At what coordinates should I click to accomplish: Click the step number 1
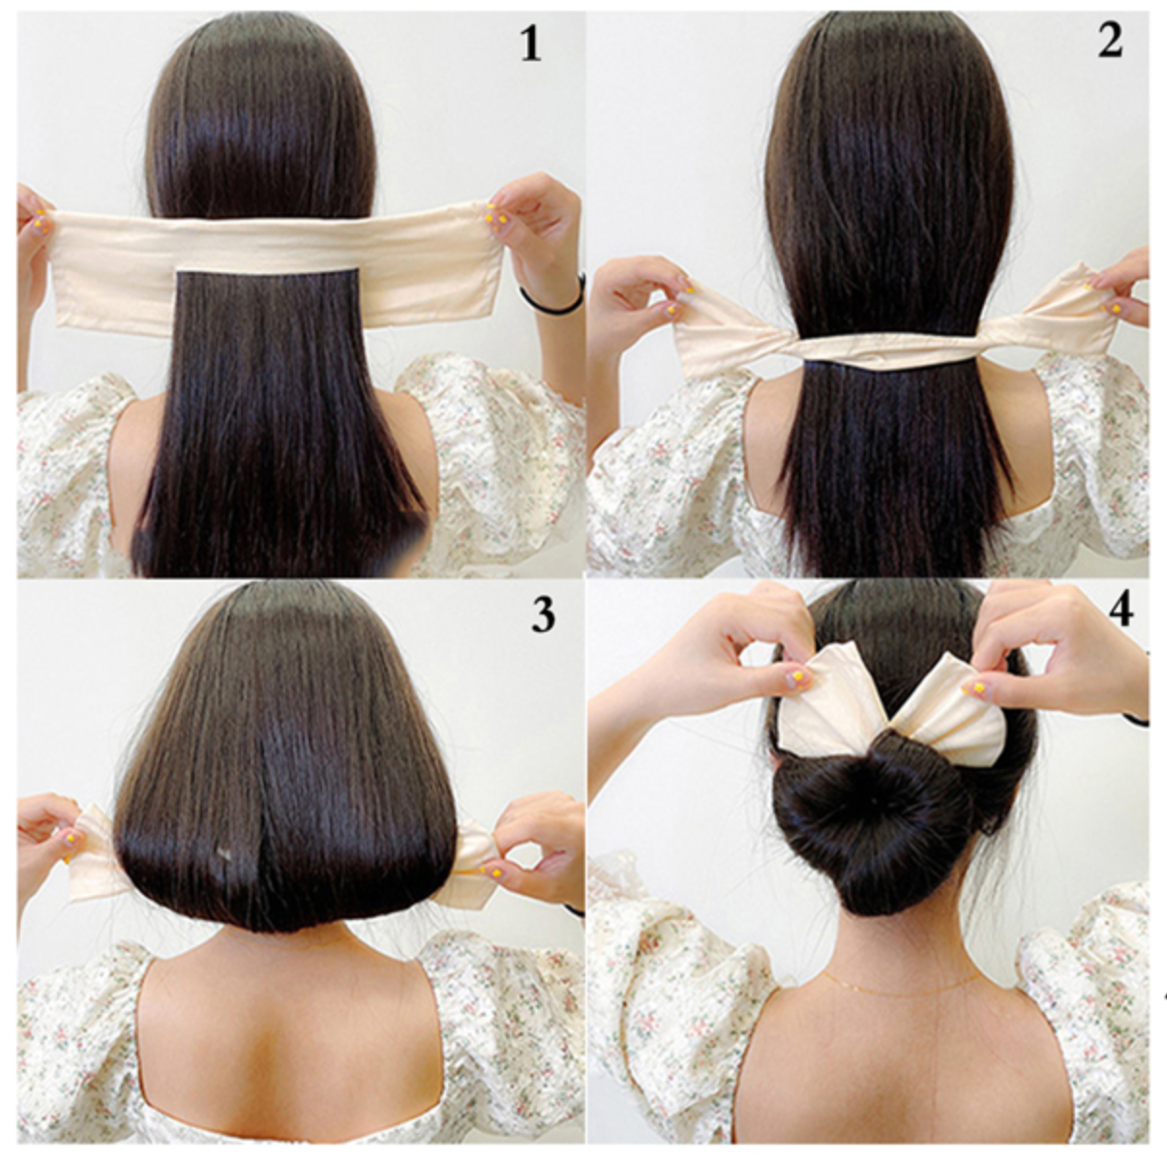click(x=530, y=45)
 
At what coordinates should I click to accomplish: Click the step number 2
click(x=1110, y=42)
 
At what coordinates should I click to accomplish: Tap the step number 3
click(x=542, y=614)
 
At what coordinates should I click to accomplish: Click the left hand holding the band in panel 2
click(x=642, y=303)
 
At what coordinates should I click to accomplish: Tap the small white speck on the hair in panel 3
click(x=224, y=854)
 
